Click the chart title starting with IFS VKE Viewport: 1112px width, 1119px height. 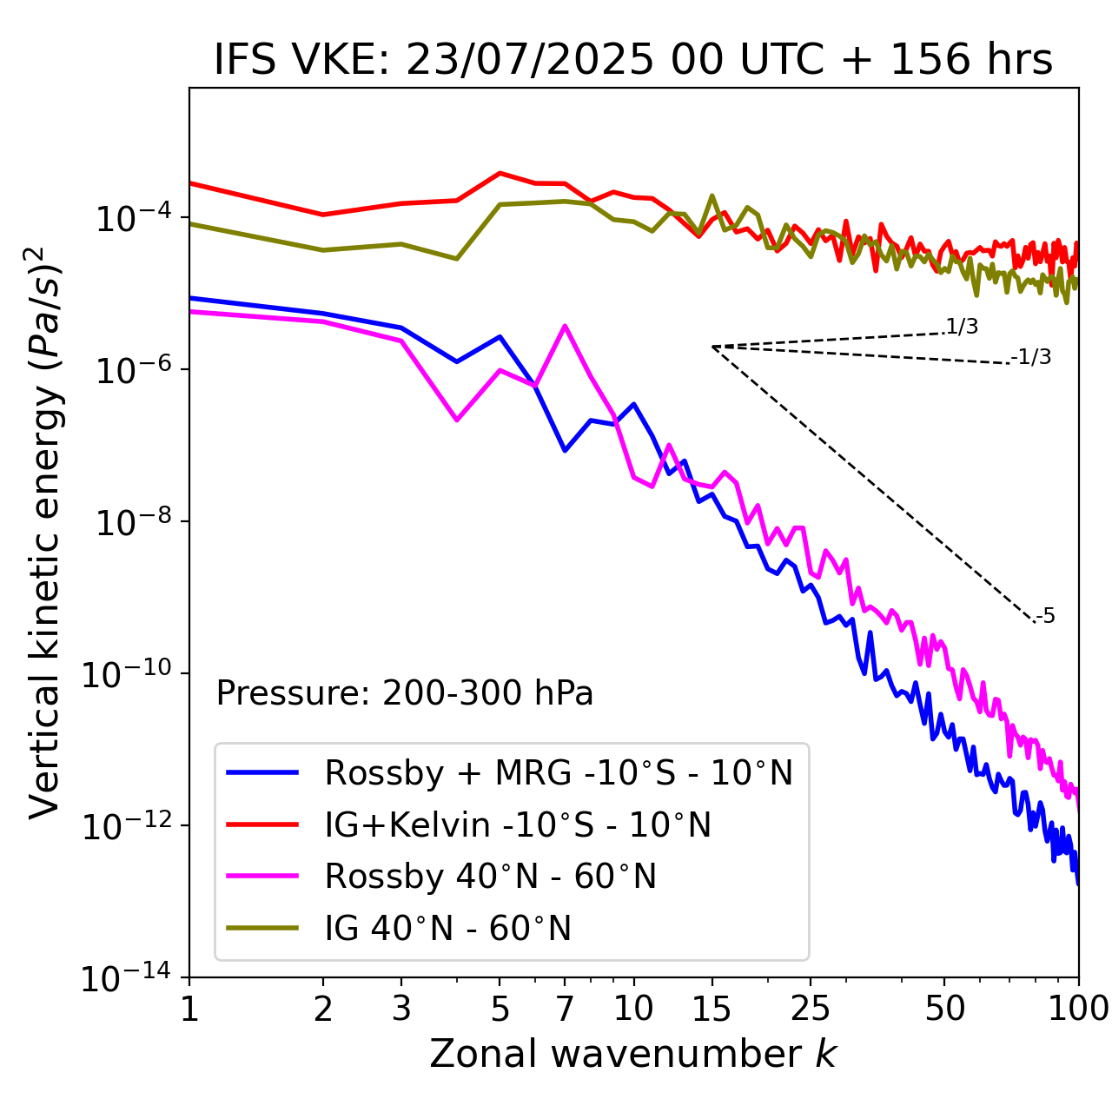(x=633, y=60)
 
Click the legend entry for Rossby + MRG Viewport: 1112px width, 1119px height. (x=559, y=772)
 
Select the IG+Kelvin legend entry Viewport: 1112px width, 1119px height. (x=518, y=824)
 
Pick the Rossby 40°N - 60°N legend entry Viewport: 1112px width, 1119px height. (x=490, y=877)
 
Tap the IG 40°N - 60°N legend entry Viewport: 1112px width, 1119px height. (x=447, y=929)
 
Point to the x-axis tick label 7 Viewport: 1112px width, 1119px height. (x=565, y=1009)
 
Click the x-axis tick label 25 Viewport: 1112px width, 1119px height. (x=811, y=1009)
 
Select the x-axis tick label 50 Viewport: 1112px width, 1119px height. (x=944, y=1009)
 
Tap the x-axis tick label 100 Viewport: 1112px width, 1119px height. (x=1078, y=1009)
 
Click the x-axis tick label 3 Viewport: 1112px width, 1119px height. (x=401, y=1009)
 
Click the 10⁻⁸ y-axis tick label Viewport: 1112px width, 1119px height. (x=131, y=522)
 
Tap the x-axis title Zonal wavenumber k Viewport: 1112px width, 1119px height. (x=633, y=1054)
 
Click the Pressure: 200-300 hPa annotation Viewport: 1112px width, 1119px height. (x=404, y=693)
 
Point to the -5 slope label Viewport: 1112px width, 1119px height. (x=1045, y=617)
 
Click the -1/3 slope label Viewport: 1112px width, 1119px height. (x=1032, y=357)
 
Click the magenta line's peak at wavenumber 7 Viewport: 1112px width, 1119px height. (x=565, y=326)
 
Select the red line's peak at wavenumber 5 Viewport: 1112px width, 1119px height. (x=500, y=173)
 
